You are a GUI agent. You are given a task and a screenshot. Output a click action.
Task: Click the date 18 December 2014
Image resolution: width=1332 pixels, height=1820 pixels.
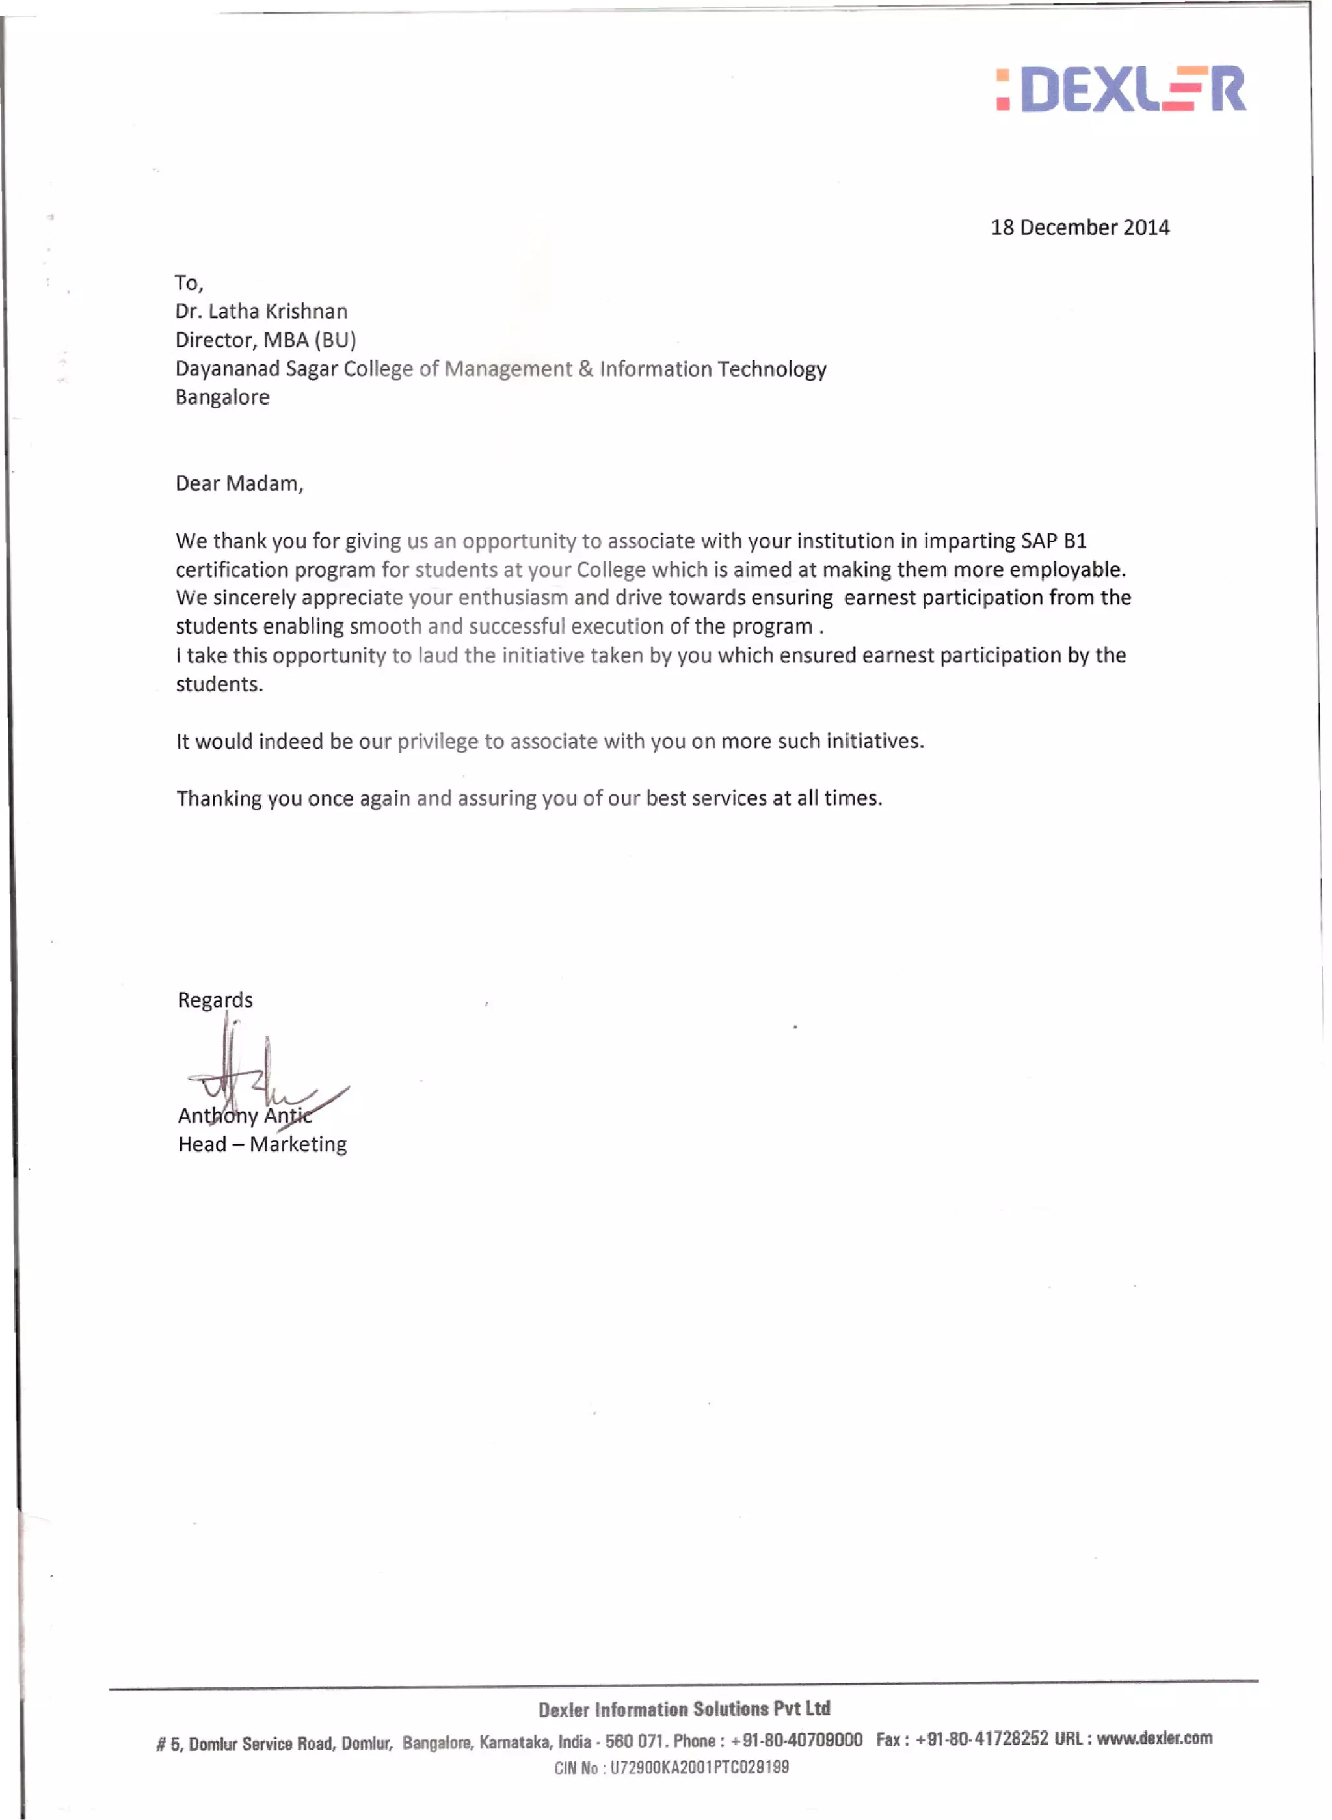click(1080, 228)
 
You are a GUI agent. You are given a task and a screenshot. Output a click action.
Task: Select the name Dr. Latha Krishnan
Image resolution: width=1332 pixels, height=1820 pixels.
click(261, 312)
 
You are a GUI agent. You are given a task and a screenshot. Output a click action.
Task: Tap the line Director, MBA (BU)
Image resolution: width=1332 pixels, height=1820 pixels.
click(265, 340)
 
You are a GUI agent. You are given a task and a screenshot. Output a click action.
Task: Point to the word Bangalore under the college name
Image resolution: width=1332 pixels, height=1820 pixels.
click(222, 397)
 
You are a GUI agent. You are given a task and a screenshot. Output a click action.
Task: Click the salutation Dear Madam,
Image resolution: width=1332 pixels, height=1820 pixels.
click(239, 483)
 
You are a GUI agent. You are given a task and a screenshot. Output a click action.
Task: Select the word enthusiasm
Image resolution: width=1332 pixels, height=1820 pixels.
click(513, 598)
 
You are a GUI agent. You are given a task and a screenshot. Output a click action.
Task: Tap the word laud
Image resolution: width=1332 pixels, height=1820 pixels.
click(437, 655)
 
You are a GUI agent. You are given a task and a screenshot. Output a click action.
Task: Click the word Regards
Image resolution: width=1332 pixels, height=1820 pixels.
click(215, 1000)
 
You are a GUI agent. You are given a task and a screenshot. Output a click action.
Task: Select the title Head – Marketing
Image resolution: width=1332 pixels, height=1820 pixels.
click(262, 1144)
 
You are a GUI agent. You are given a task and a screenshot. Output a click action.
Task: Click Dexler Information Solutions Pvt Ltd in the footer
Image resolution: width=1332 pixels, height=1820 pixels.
click(684, 1709)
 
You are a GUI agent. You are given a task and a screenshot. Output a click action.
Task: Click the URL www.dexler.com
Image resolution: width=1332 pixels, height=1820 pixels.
click(1154, 1739)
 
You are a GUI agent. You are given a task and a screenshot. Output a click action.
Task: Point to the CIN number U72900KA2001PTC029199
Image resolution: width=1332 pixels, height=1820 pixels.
click(699, 1767)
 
